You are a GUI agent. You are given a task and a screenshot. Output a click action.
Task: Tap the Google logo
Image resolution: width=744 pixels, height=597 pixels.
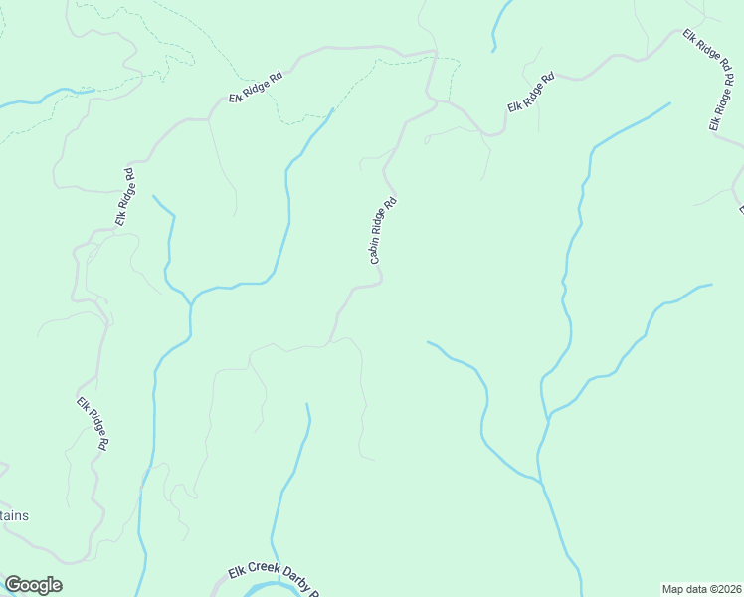click(33, 585)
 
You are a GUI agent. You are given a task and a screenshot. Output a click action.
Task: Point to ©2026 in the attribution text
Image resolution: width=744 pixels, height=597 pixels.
click(723, 589)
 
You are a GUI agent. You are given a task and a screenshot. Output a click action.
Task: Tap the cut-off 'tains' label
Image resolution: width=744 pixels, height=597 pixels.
click(14, 515)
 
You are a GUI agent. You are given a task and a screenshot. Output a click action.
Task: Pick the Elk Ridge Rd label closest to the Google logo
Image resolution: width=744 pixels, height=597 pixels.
click(92, 425)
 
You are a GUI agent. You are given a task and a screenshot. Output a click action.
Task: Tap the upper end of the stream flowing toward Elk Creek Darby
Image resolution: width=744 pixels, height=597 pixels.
click(306, 404)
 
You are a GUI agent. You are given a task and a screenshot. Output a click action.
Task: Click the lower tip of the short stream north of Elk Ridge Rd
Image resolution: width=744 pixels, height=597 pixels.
click(493, 49)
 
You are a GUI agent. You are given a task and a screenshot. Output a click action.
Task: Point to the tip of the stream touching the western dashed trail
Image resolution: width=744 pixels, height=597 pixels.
click(94, 91)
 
